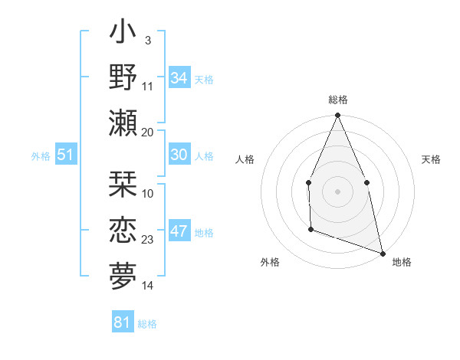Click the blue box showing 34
[x=179, y=78]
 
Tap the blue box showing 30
[x=179, y=155]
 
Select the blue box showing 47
[x=179, y=231]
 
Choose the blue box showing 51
[x=65, y=155]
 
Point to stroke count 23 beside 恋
[x=148, y=240]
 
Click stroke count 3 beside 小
[x=147, y=41]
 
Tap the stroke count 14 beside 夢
[x=148, y=286]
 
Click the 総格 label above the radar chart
[x=338, y=100]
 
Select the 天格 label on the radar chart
[x=432, y=159]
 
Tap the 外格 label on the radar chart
[x=270, y=262]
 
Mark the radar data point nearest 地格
[x=382, y=252]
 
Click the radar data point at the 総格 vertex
[x=338, y=116]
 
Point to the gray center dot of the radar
[x=338, y=191]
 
